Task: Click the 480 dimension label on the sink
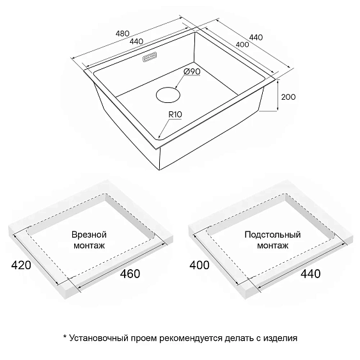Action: pyautogui.click(x=122, y=34)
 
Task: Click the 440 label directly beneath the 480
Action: pyautogui.click(x=136, y=42)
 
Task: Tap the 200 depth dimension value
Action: pyautogui.click(x=288, y=97)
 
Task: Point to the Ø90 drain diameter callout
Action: pyautogui.click(x=192, y=72)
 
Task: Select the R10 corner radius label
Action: pyautogui.click(x=175, y=114)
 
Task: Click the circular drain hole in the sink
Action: pyautogui.click(x=168, y=95)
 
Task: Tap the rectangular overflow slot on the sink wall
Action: pyautogui.click(x=150, y=57)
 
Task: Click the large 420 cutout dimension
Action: pyautogui.click(x=21, y=265)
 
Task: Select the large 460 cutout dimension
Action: pyautogui.click(x=130, y=274)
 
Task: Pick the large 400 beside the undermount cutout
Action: pyautogui.click(x=200, y=265)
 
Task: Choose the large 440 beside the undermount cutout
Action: pyautogui.click(x=311, y=274)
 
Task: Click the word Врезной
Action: pyautogui.click(x=89, y=235)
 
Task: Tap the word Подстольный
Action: pyautogui.click(x=272, y=235)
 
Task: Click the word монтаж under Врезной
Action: pyautogui.click(x=89, y=246)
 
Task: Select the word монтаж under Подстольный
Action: pyautogui.click(x=272, y=246)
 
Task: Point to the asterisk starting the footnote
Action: pyautogui.click(x=65, y=337)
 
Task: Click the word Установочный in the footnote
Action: pyautogui.click(x=98, y=338)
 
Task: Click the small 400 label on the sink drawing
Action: pyautogui.click(x=242, y=44)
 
